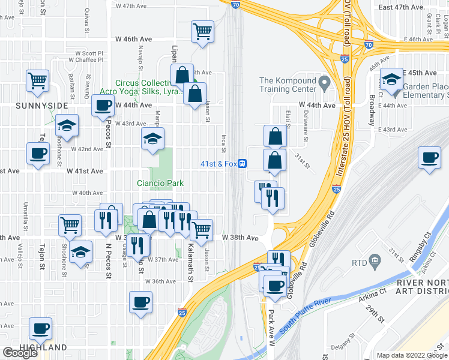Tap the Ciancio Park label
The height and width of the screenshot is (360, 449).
(x=158, y=183)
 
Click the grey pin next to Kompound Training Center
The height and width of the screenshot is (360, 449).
(x=325, y=81)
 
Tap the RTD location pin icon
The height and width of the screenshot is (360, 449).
(x=375, y=261)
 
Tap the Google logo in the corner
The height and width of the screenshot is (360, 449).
(x=20, y=353)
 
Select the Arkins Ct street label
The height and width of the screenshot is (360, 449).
(x=372, y=293)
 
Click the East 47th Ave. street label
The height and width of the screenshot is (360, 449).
(x=402, y=7)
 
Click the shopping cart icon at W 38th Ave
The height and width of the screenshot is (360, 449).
(x=202, y=229)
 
